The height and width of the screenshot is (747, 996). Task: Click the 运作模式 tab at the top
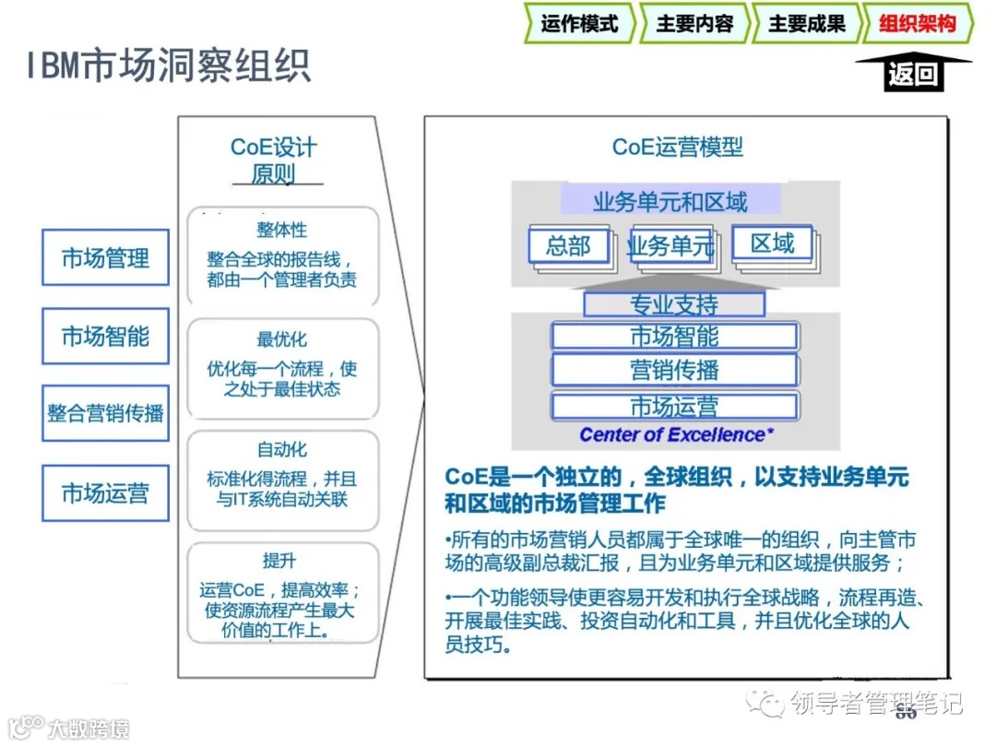click(579, 24)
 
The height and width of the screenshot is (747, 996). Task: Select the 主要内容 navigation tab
click(694, 24)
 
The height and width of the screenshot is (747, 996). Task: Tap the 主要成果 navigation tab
click(806, 24)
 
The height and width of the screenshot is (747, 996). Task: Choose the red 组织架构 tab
click(917, 24)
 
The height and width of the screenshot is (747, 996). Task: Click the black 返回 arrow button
click(912, 72)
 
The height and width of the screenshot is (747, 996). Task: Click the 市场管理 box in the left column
click(105, 257)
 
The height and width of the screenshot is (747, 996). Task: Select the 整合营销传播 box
click(105, 412)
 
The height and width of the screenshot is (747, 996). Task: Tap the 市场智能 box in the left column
click(105, 337)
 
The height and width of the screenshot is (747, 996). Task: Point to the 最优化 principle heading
click(282, 340)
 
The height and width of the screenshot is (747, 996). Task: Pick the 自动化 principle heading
click(282, 450)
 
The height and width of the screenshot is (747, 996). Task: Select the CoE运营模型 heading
click(678, 147)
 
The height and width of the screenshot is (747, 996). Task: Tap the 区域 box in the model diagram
click(773, 243)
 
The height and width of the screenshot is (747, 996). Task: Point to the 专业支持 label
click(674, 304)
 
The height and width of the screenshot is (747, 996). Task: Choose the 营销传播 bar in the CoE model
click(674, 370)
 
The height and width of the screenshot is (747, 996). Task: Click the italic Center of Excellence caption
click(677, 434)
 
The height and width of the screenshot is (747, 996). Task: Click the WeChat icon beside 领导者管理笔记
click(765, 704)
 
